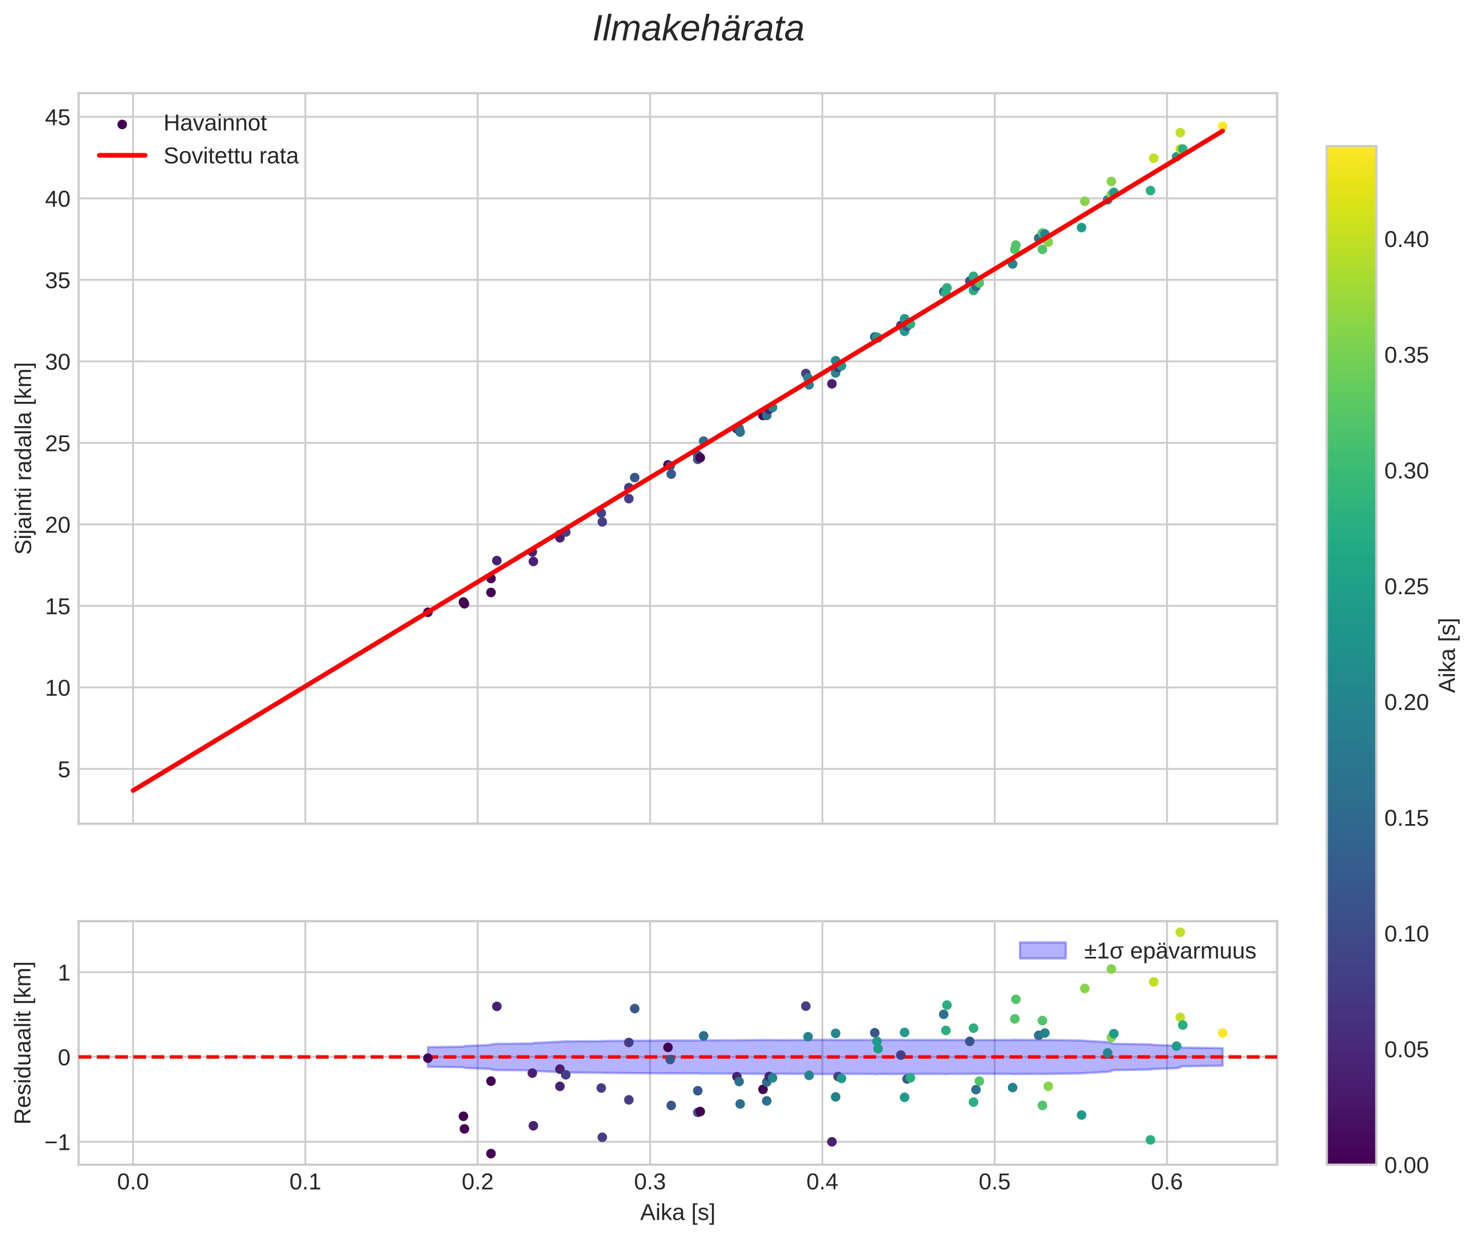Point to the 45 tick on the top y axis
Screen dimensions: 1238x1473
57,118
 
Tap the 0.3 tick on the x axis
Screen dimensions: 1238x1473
649,1182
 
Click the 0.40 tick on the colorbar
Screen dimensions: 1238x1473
1406,240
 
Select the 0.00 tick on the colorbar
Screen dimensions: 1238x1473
1406,1166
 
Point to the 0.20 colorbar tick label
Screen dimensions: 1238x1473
1406,703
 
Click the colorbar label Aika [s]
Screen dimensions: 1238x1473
1448,655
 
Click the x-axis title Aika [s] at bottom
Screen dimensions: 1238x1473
677,1213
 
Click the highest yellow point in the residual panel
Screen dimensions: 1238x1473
1180,932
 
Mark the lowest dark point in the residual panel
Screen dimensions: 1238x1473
490,1154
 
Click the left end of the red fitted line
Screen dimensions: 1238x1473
133,790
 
